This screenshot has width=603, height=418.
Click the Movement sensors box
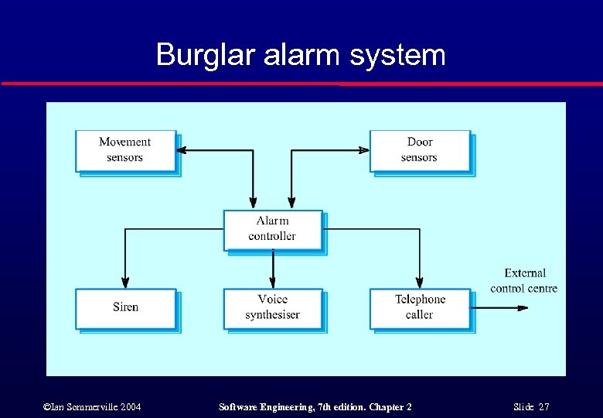[125, 150]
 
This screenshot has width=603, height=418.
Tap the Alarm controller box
[272, 229]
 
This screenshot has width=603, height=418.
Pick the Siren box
[125, 307]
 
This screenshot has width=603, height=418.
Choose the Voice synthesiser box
[272, 307]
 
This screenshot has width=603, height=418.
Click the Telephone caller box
[420, 307]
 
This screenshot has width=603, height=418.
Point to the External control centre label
[523, 281]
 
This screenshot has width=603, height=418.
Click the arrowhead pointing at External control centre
[523, 308]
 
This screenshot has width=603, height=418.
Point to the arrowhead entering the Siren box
[125, 283]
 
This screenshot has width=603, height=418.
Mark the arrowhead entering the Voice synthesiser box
[272, 283]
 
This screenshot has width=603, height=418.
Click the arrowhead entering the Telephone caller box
[420, 283]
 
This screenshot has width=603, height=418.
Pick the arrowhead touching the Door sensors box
[364, 150]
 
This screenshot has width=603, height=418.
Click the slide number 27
[543, 407]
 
